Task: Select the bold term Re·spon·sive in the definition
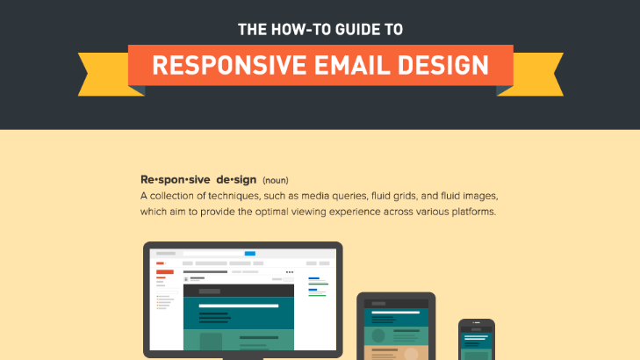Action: point(169,179)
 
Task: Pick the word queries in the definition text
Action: point(351,196)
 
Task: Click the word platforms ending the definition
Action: point(471,212)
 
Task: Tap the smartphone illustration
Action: point(476,340)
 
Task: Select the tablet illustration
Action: point(396,328)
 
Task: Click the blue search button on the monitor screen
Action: point(250,253)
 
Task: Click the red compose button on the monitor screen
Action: point(161,263)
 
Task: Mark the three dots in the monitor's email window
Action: point(290,272)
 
